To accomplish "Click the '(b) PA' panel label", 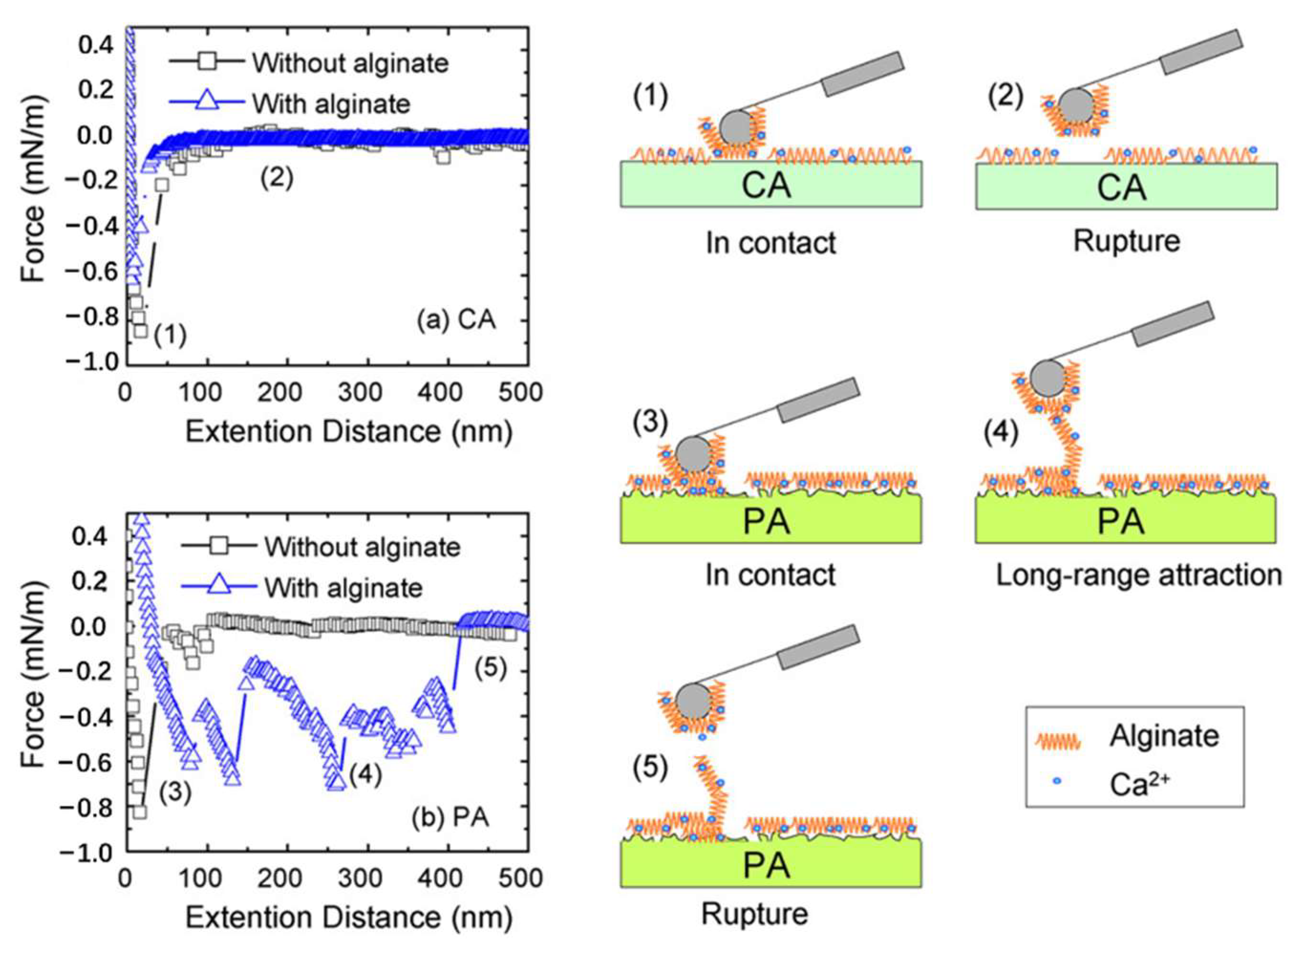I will [451, 817].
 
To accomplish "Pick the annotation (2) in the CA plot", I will [277, 179].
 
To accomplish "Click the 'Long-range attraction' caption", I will [1139, 575].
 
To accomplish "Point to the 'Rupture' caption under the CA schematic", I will [1126, 241].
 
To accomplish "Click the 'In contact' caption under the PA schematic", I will [770, 575].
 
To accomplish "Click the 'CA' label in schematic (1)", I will [766, 186].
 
